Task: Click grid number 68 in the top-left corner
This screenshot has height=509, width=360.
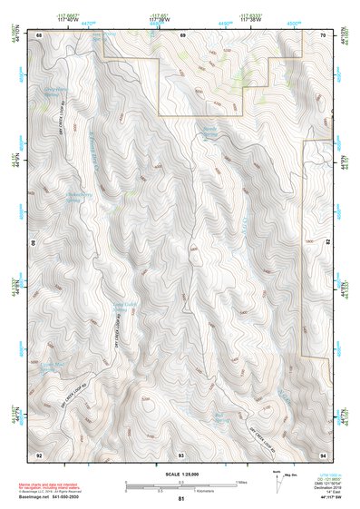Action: (x=39, y=34)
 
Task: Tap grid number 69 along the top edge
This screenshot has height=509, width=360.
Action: (x=181, y=34)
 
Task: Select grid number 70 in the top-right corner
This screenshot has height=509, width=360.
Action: (x=323, y=34)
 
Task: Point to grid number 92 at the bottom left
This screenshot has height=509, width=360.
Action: (x=39, y=454)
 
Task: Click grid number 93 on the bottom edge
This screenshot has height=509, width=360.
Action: (x=181, y=454)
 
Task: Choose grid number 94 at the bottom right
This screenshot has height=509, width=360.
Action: (x=323, y=454)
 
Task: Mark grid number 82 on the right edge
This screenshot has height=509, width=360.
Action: (x=328, y=241)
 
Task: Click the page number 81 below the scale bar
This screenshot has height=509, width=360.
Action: (x=181, y=499)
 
